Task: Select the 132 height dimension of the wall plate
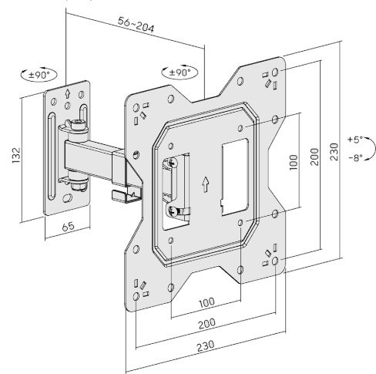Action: click(13, 157)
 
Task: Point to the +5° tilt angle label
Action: click(355, 140)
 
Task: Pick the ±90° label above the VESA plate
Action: click(179, 72)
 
